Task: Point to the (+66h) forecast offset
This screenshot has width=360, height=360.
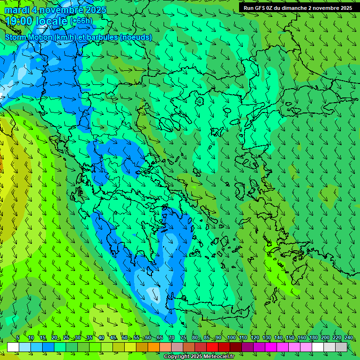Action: (81, 21)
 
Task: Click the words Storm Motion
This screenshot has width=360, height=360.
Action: (29, 37)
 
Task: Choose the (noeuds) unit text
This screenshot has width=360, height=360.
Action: (136, 37)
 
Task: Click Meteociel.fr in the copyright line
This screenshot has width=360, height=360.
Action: (222, 357)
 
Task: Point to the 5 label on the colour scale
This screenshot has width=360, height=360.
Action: (18, 338)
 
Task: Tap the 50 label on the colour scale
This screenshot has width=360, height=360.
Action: (124, 338)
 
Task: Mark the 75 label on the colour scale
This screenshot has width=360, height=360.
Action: (183, 338)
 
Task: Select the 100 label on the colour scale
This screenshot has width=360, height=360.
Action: (231, 338)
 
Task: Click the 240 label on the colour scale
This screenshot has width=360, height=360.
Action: (348, 338)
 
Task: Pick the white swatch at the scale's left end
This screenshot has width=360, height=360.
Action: (13, 347)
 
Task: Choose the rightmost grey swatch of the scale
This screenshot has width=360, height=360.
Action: (341, 347)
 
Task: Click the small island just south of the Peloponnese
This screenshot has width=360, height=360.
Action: (151, 271)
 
